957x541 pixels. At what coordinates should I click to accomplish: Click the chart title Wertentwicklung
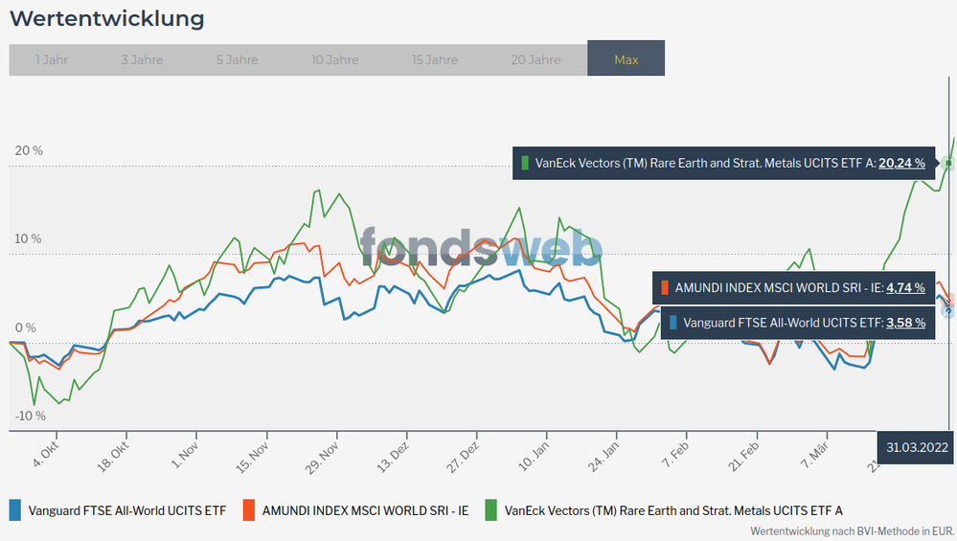[x=106, y=18]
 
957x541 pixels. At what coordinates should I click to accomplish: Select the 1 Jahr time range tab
[x=52, y=59]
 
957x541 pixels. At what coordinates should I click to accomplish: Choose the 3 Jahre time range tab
[x=142, y=59]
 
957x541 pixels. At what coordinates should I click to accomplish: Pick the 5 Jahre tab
[x=237, y=59]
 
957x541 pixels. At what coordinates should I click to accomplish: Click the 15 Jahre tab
[x=435, y=59]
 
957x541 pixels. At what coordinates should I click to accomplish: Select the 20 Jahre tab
[x=535, y=59]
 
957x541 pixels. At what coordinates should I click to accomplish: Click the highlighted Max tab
[x=626, y=59]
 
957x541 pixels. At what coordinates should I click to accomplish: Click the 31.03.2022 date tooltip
[x=917, y=447]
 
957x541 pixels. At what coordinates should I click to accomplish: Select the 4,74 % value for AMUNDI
[x=905, y=287]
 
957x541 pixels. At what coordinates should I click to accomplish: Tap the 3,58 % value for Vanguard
[x=905, y=323]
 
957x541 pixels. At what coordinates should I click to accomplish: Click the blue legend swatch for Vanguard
[x=15, y=510]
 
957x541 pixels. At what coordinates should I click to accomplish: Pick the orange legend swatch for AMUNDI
[x=248, y=510]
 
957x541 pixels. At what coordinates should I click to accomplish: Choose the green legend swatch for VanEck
[x=490, y=510]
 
